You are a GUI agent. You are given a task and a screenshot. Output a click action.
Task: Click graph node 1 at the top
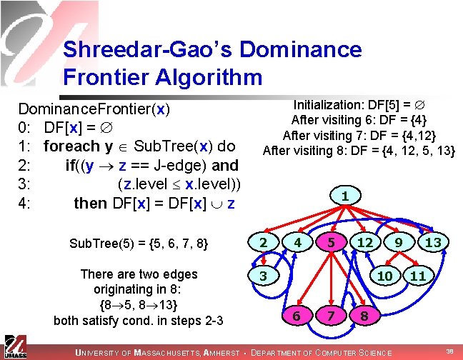pos(345,194)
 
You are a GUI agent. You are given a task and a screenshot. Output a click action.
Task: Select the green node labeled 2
pos(263,243)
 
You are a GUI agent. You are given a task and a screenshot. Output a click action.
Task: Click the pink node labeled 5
pos(330,243)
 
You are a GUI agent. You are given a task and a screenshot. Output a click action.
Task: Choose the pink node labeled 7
pos(330,315)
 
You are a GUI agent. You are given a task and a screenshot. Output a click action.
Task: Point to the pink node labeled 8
pos(364,315)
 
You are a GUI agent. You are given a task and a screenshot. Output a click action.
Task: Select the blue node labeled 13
pos(432,243)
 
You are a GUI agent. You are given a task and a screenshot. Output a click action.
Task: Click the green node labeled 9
pos(399,243)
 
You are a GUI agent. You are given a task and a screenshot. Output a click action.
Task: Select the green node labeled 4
pos(296,243)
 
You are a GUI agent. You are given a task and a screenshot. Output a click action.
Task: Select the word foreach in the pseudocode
pos(71,146)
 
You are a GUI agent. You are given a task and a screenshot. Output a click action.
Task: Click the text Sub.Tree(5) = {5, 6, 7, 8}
pos(139,244)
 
